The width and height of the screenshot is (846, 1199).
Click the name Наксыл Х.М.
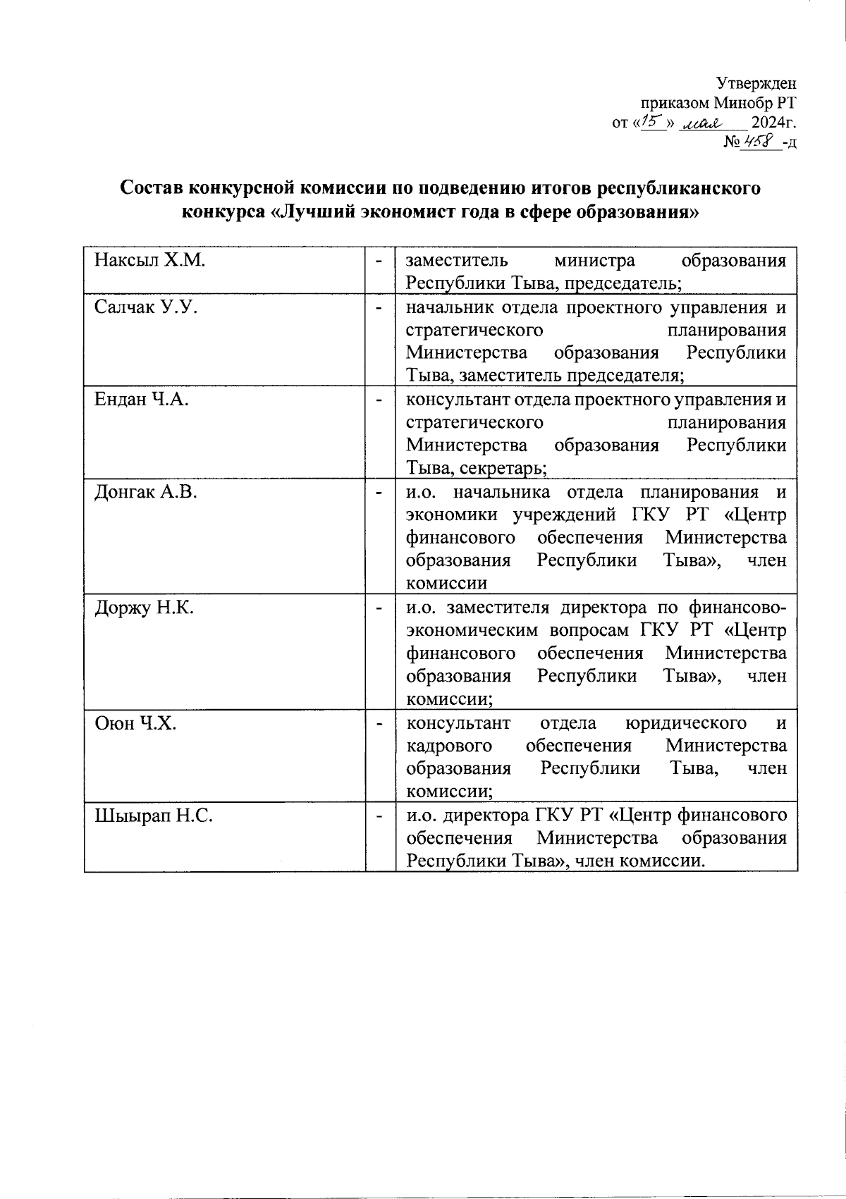point(149,261)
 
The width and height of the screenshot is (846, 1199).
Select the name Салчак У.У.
point(146,307)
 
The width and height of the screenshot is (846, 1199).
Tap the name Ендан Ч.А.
point(142,400)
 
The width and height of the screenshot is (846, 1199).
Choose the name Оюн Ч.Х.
point(135,723)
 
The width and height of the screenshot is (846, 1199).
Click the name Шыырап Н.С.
point(154,816)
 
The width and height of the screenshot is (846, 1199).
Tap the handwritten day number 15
point(650,123)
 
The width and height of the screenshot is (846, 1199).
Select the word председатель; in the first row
point(621,283)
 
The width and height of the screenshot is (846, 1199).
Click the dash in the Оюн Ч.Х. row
point(380,723)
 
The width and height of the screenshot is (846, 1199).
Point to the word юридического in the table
point(686,723)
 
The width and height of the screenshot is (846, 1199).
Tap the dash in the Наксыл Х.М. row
point(380,261)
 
